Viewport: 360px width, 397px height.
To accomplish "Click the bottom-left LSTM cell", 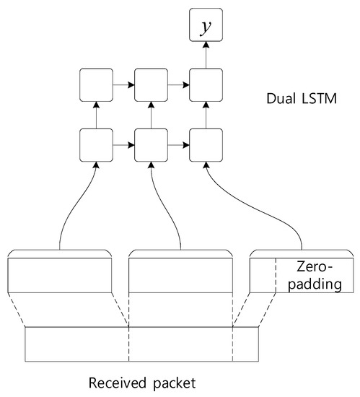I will [96, 144].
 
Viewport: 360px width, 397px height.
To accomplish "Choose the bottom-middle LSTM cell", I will [151, 144].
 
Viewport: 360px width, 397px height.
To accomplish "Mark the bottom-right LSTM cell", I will [205, 144].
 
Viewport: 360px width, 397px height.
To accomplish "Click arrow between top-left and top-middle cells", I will [123, 84].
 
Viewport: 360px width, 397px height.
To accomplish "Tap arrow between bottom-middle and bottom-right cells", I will [177, 144].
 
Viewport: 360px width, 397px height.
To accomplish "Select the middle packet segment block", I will [180, 274].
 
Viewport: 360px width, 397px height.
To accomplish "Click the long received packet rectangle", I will [141, 344].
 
